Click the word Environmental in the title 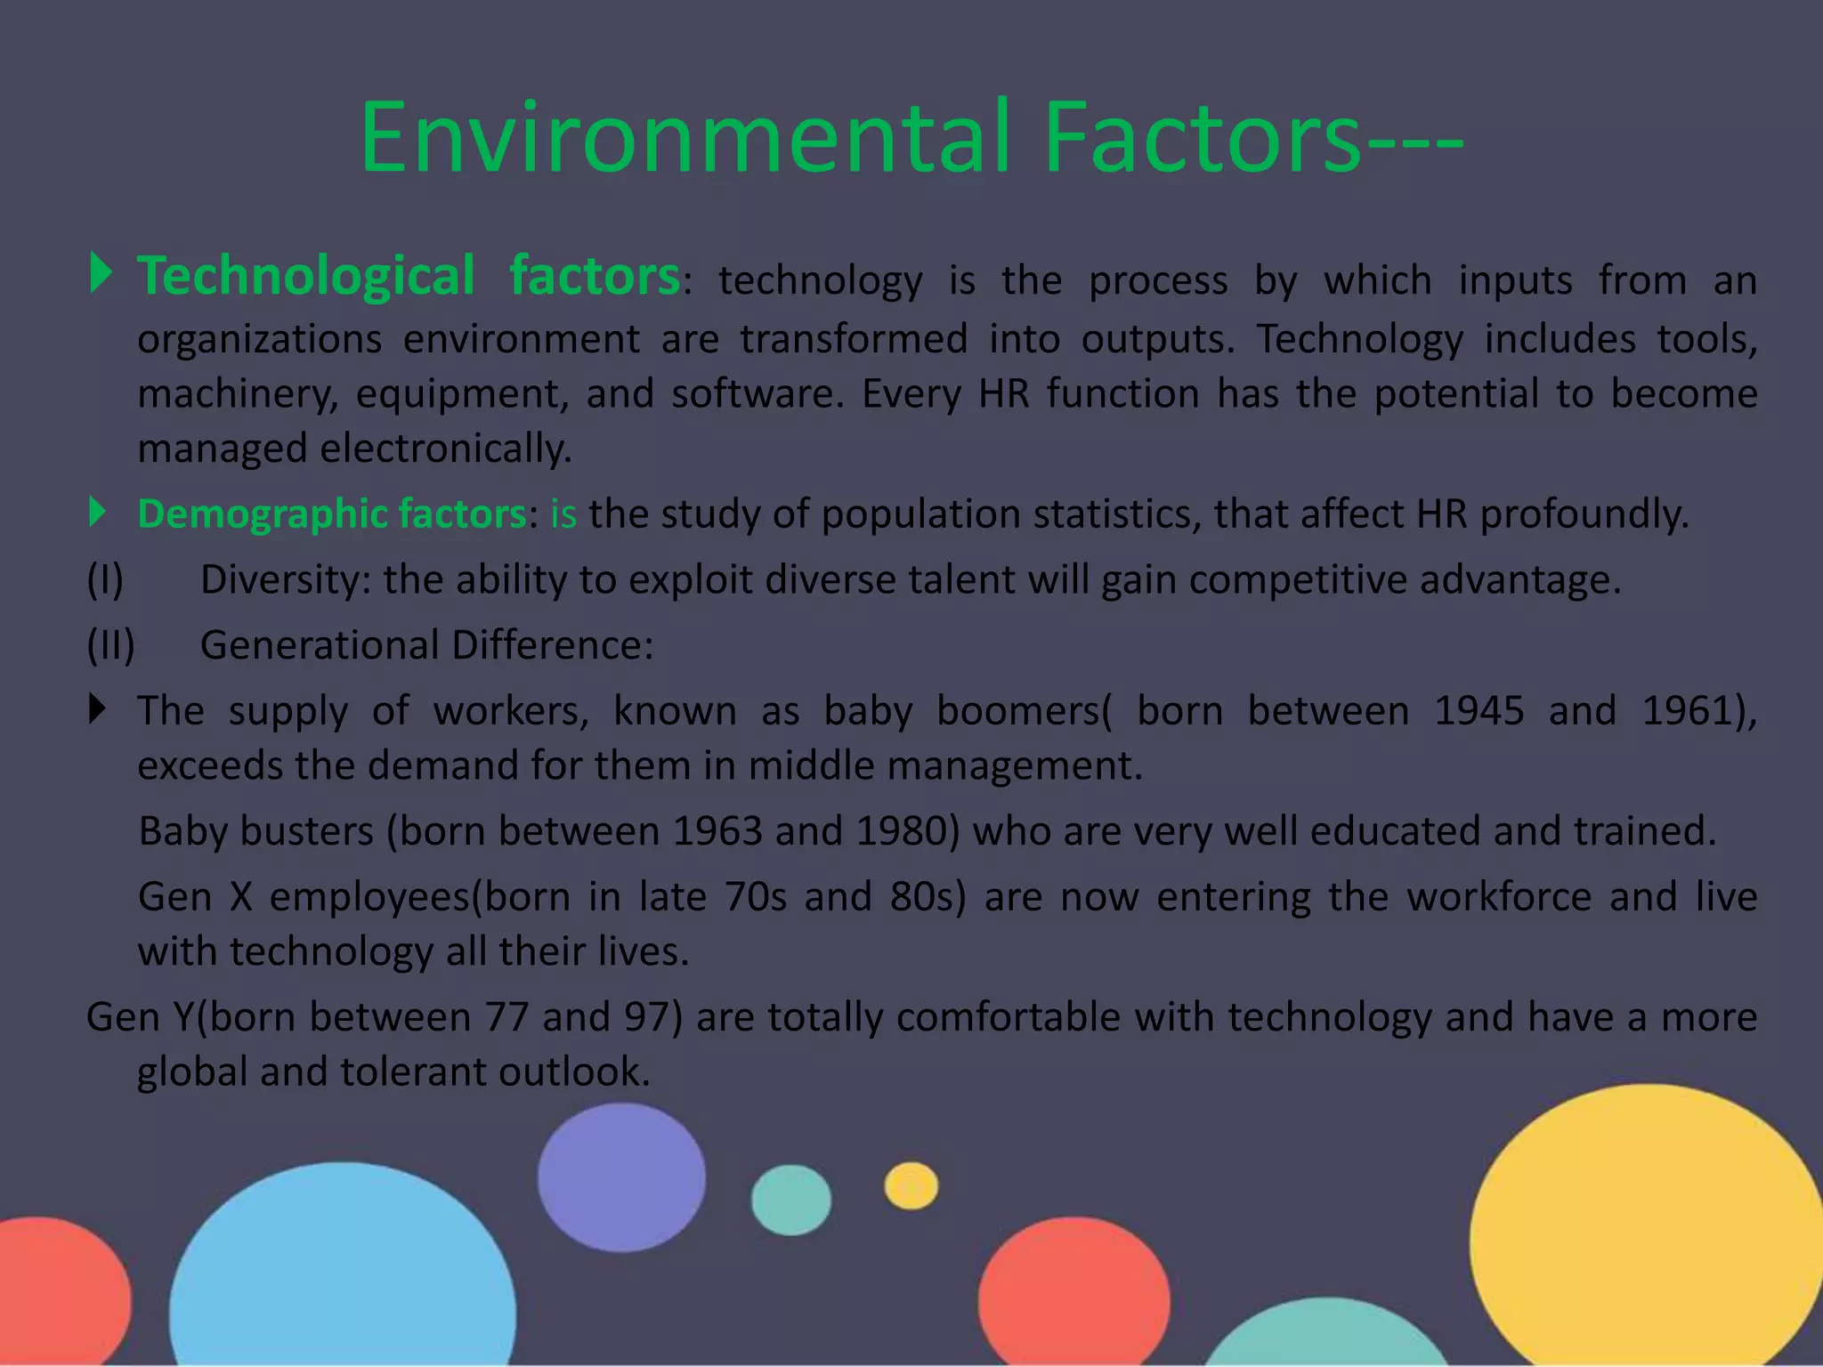(x=685, y=138)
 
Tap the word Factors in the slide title (x=1202, y=138)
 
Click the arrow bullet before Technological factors (x=101, y=273)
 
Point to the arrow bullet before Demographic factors (x=98, y=513)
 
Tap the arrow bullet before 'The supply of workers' (x=98, y=709)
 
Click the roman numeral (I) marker (x=105, y=580)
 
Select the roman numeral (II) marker (x=110, y=645)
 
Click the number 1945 (x=1479, y=711)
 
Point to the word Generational (x=320, y=645)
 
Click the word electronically (x=445, y=449)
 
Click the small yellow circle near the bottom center (x=911, y=1186)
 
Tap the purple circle (x=621, y=1177)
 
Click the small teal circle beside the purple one (x=790, y=1200)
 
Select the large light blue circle (x=343, y=1273)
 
